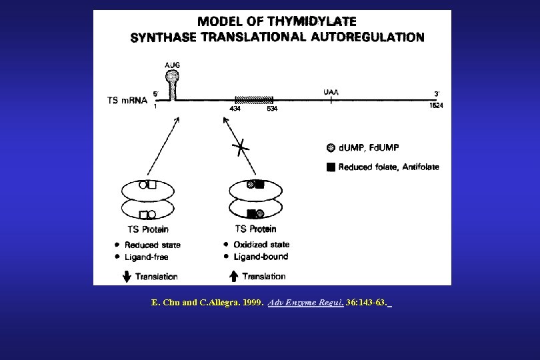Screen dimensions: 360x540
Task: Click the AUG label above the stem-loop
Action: tap(172, 65)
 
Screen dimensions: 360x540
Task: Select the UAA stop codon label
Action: tap(331, 92)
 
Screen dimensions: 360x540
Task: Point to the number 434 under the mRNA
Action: tap(235, 108)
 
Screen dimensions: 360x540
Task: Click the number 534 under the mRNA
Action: tap(272, 108)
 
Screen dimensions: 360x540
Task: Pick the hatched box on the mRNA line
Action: tap(253, 99)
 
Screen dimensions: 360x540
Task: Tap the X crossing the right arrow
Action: tap(241, 148)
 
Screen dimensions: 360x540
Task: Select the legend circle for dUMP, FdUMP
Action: tap(331, 147)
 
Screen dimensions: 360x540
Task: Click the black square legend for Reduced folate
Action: tap(331, 167)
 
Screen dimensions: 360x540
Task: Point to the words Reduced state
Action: tap(152, 245)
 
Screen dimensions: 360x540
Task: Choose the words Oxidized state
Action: tap(261, 245)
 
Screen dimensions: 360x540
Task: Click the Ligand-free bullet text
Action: tap(146, 257)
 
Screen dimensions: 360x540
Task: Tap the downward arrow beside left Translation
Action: tap(127, 276)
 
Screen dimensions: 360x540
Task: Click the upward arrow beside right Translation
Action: tap(233, 276)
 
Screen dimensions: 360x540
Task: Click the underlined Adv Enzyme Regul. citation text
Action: tap(305, 303)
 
